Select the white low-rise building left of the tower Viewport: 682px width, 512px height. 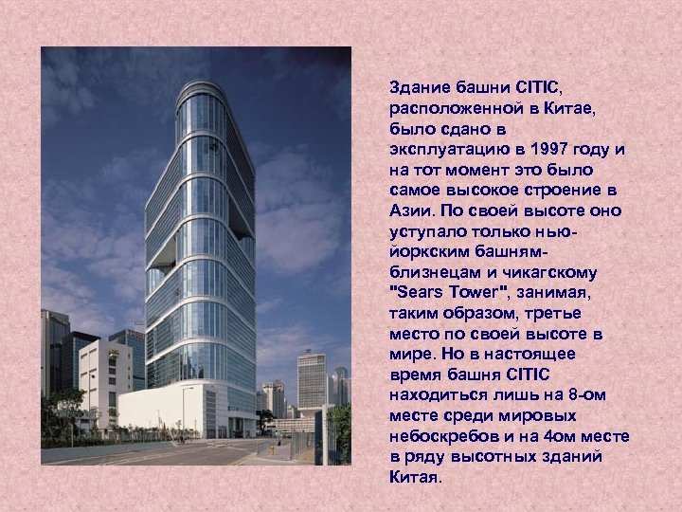coord(104,375)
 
